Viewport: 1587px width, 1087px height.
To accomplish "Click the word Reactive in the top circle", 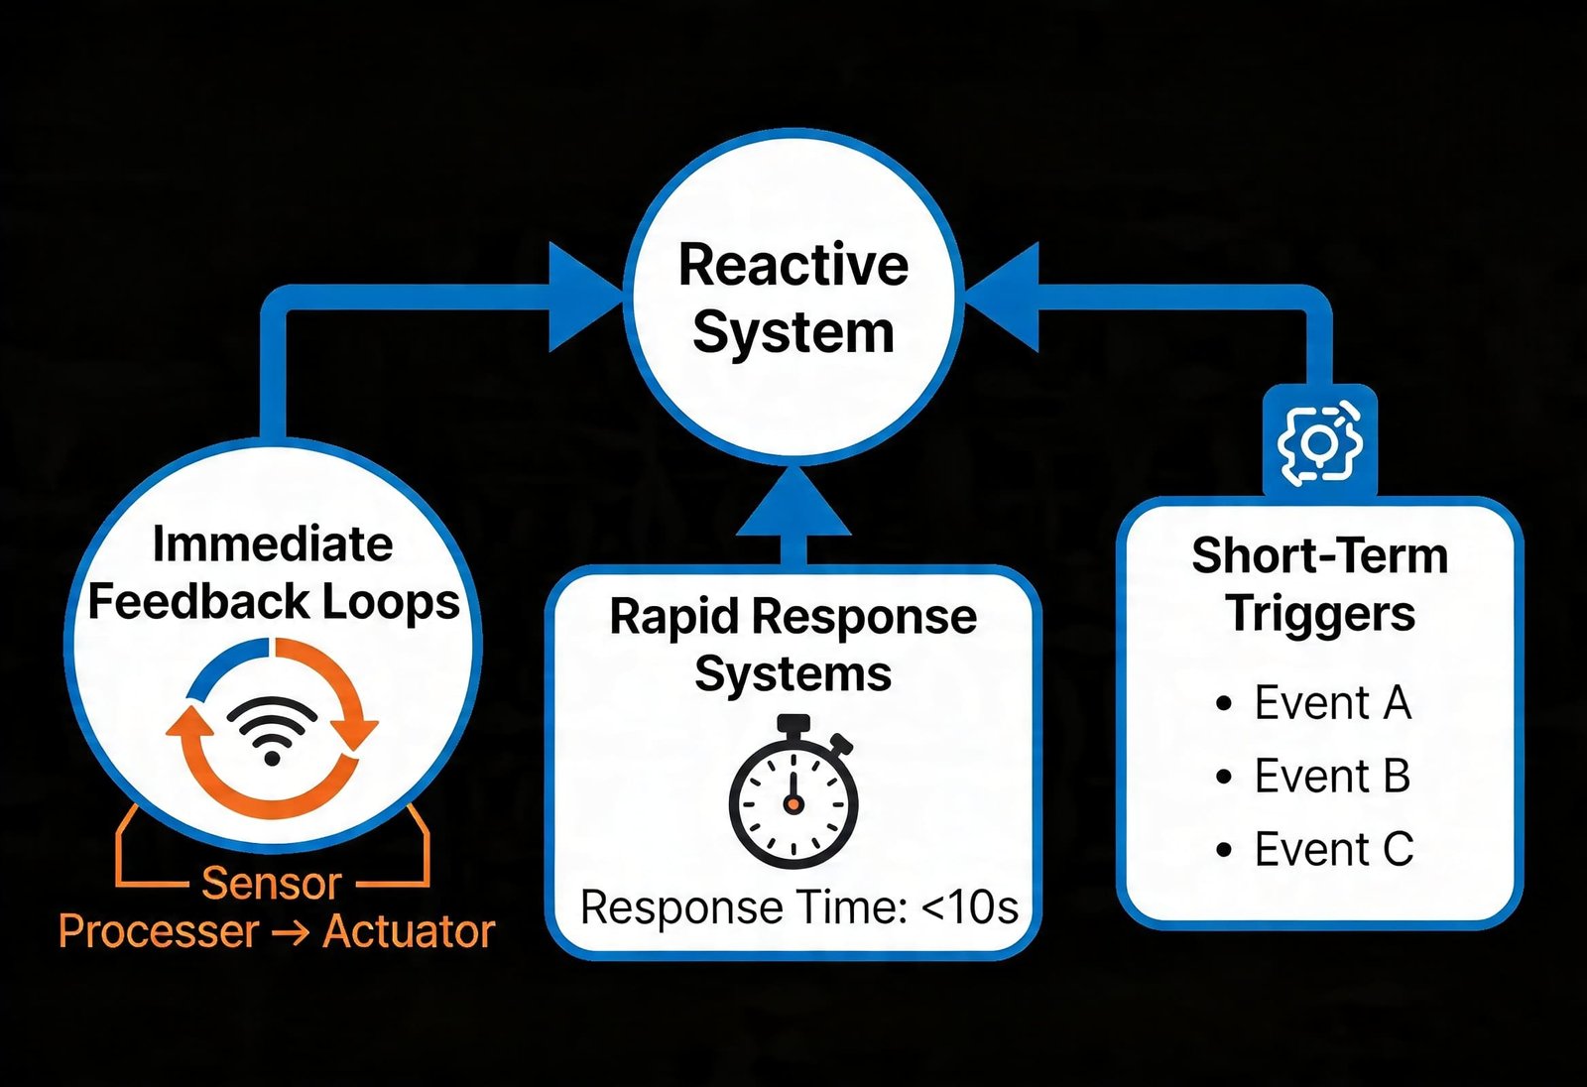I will click(x=793, y=265).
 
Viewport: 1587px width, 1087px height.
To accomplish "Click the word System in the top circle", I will click(x=793, y=332).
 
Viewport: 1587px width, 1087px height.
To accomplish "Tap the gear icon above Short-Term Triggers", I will click(x=1319, y=442).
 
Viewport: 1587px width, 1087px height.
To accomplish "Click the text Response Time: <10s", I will click(x=798, y=907).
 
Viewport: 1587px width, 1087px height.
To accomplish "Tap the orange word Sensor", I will click(x=272, y=883).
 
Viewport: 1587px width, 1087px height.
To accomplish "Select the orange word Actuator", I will click(x=409, y=931).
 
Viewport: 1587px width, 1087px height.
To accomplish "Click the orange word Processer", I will click(x=159, y=931).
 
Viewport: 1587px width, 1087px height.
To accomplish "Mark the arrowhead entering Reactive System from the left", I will click(x=585, y=298).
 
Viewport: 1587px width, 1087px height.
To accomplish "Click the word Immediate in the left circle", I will click(x=272, y=544).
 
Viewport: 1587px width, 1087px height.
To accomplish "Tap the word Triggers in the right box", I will click(x=1319, y=613).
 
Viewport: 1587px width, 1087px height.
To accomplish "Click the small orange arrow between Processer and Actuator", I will click(x=290, y=932).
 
